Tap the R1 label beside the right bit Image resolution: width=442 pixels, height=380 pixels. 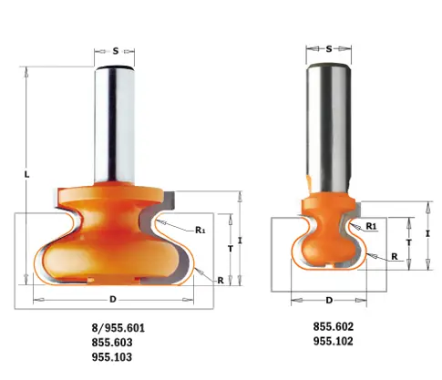click(x=371, y=225)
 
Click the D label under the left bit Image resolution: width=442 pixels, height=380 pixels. click(x=113, y=299)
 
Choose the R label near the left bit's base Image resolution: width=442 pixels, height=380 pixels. click(x=220, y=281)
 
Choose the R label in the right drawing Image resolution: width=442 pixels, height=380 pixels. click(x=394, y=257)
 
